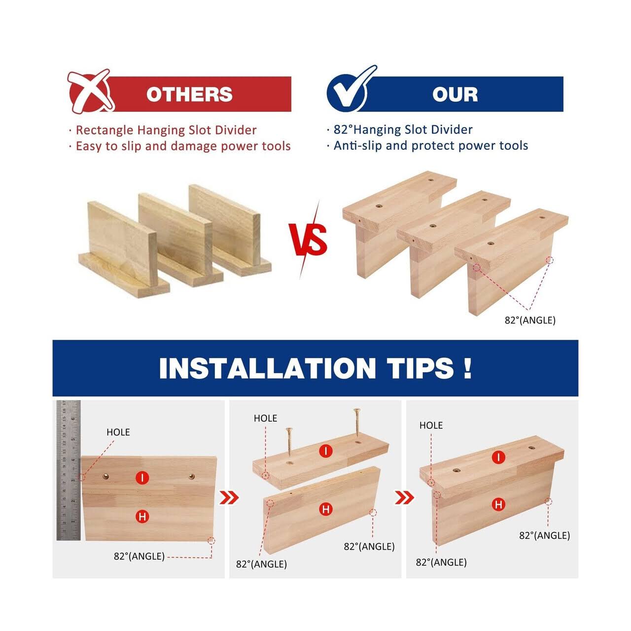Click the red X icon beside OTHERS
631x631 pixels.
(90, 91)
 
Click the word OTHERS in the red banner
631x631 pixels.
(189, 94)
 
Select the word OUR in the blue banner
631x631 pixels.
(455, 94)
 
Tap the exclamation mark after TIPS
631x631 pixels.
(468, 368)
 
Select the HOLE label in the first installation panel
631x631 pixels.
(118, 432)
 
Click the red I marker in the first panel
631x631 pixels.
(142, 478)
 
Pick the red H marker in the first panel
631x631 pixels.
(142, 517)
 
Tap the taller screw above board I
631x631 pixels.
(356, 422)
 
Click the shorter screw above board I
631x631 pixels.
(288, 442)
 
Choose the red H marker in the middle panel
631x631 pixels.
(325, 509)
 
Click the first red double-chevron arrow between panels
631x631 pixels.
(229, 498)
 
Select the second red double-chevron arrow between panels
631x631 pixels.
(404, 498)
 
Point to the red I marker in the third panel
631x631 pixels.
(498, 457)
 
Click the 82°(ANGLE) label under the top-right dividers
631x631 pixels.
(530, 320)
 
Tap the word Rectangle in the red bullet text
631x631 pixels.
(105, 130)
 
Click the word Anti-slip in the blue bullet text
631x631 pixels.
(357, 146)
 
